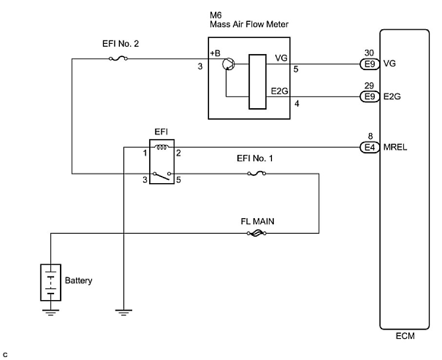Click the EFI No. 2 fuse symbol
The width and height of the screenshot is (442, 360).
(118, 59)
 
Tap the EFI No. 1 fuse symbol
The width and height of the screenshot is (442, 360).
(257, 173)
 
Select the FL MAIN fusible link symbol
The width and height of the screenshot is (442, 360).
(257, 233)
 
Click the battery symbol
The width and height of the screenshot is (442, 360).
(51, 282)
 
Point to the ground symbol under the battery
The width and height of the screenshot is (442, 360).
(51, 312)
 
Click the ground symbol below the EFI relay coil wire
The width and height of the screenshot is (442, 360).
(124, 312)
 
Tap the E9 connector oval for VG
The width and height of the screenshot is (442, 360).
(367, 63)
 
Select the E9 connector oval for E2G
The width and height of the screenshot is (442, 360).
(367, 96)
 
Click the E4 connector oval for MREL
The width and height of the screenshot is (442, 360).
(367, 146)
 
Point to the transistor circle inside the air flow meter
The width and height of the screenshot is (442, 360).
(228, 64)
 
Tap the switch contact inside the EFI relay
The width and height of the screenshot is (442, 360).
(163, 175)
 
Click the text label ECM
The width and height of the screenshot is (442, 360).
(404, 336)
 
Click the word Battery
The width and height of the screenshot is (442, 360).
(78, 281)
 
